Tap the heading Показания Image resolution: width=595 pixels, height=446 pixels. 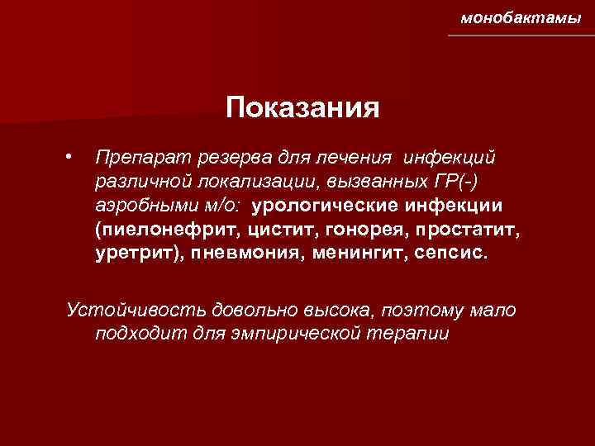point(303,108)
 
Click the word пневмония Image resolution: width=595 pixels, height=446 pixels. point(247,251)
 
